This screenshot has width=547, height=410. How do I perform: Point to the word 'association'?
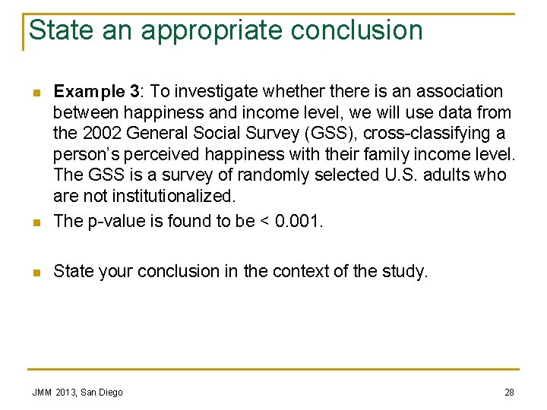click(459, 92)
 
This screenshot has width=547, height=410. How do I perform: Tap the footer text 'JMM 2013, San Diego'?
click(77, 392)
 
